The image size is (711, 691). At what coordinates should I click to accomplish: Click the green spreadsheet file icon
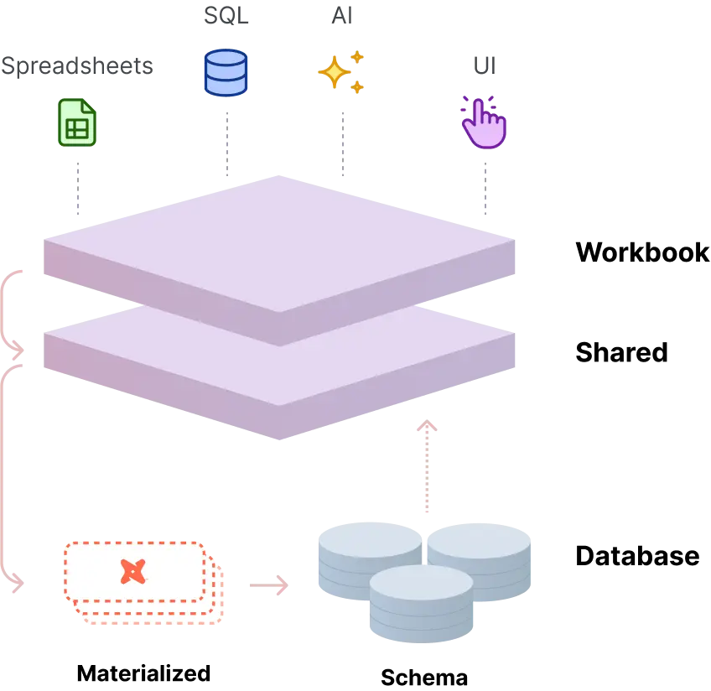(77, 122)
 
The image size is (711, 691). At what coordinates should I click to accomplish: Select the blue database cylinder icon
(226, 73)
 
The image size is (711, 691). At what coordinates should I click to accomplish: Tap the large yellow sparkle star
(334, 72)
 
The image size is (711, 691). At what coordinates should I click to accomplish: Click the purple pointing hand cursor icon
(484, 123)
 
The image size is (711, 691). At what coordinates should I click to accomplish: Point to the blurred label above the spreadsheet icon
(77, 68)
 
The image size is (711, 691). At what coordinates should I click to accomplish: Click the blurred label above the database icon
(226, 16)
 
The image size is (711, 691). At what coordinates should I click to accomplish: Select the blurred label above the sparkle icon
(342, 15)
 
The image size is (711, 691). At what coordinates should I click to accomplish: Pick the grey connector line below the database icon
(225, 143)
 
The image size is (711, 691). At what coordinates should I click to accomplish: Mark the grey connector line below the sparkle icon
(345, 143)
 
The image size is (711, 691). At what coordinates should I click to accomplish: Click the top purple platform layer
(278, 243)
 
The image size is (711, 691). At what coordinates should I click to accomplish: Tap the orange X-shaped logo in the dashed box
(132, 572)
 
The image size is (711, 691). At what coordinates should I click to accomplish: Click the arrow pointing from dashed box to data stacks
(268, 585)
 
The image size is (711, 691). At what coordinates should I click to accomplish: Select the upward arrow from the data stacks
(428, 465)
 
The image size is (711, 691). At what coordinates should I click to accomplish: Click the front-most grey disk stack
(422, 604)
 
